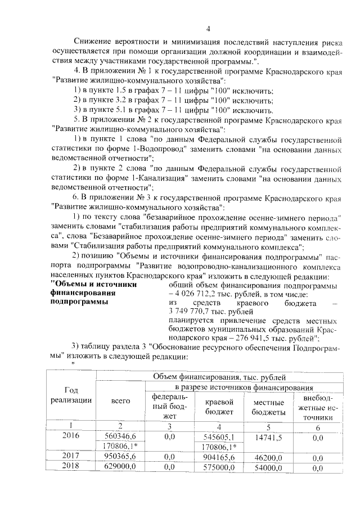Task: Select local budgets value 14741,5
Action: [268, 436]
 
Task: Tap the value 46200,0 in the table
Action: [268, 456]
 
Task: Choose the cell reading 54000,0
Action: [268, 466]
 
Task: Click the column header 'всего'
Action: [121, 400]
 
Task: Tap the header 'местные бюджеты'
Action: [268, 408]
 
